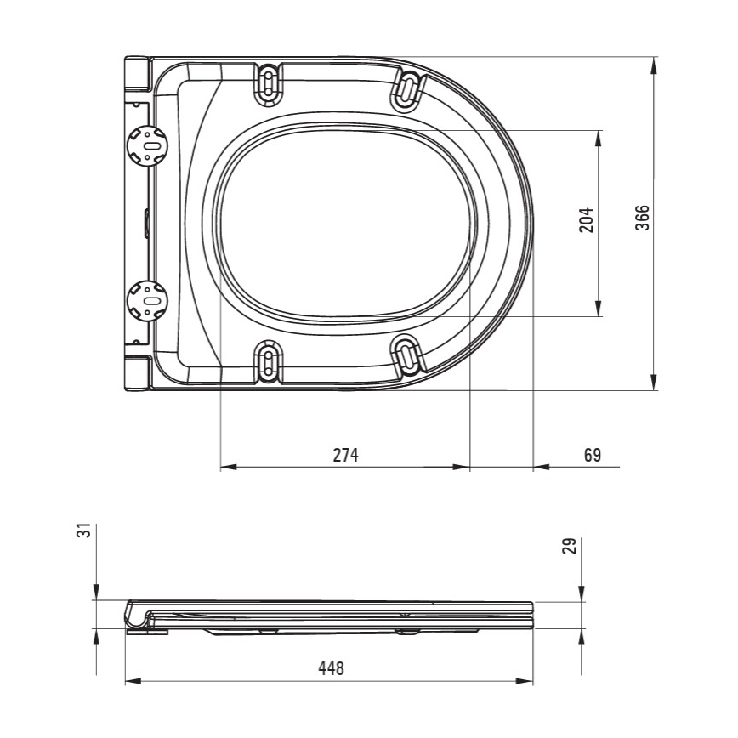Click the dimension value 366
[x=643, y=218]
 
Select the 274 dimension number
[x=346, y=455]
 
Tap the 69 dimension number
[x=593, y=455]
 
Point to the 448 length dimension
[x=331, y=667]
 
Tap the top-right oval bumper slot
[x=408, y=88]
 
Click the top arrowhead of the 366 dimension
[x=655, y=65]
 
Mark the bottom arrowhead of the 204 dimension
[x=599, y=309]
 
